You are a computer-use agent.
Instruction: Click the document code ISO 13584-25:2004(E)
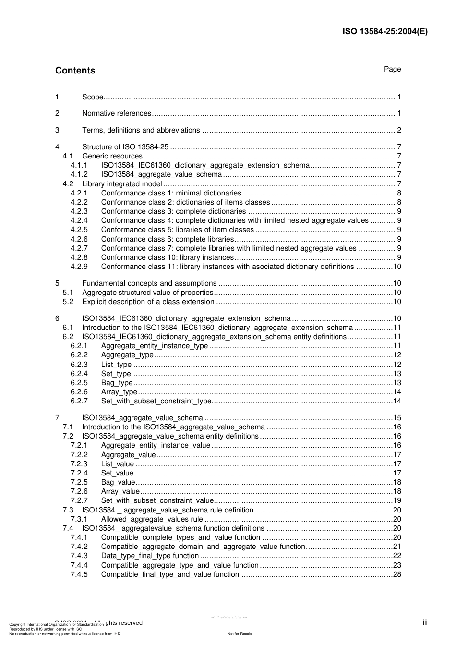click(384, 32)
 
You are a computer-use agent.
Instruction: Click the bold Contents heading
click(75, 71)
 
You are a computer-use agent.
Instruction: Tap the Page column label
click(392, 69)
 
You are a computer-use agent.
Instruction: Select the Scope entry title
click(93, 97)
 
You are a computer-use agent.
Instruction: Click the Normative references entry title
click(117, 113)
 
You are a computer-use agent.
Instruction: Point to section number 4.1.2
click(79, 174)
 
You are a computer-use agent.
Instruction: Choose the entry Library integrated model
click(122, 184)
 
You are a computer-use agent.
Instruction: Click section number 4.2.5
click(79, 230)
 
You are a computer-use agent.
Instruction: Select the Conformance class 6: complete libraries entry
click(167, 239)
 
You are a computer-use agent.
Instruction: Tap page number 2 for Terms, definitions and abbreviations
click(399, 130)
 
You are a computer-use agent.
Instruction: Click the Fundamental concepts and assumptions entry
click(149, 283)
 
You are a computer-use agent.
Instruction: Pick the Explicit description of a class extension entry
click(148, 302)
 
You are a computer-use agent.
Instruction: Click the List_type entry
click(116, 365)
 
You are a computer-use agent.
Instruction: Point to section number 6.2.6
click(79, 392)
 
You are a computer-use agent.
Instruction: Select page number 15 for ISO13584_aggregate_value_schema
click(397, 418)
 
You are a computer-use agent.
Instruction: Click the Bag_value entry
click(118, 482)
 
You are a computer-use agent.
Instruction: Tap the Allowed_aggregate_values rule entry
click(152, 519)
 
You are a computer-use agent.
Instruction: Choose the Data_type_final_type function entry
click(150, 556)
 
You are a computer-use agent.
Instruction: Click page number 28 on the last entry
click(397, 574)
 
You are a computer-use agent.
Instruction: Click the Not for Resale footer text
click(240, 634)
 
